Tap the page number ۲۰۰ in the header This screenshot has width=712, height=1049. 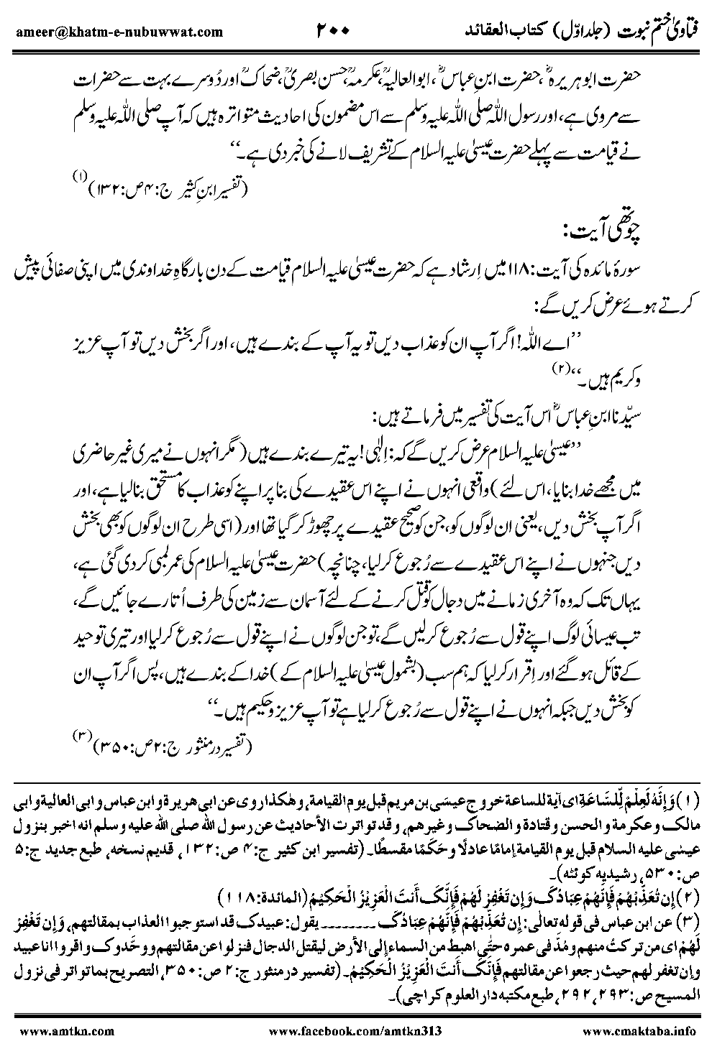pyautogui.click(x=332, y=31)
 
